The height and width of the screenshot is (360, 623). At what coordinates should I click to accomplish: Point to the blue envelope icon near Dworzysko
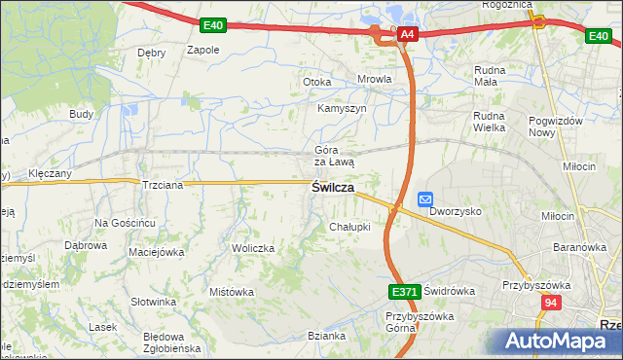425,198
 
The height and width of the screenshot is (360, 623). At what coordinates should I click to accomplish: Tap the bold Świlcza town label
332,188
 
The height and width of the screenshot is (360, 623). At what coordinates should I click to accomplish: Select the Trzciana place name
163,185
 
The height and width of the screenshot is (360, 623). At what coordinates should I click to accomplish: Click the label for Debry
151,53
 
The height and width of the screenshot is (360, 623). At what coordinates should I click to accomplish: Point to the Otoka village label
317,82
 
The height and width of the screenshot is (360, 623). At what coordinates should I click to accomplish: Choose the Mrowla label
374,80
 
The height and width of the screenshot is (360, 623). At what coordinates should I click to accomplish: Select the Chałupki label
349,227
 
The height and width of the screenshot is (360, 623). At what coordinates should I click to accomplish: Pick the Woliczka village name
253,248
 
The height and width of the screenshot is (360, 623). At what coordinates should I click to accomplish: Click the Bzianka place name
327,336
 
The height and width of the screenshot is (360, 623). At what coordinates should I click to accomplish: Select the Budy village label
81,114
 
